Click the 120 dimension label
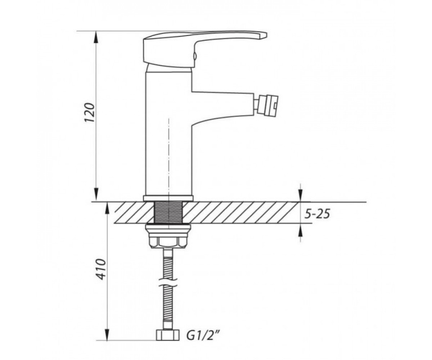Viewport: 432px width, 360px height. point(90,112)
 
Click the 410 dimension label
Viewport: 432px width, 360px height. point(102,269)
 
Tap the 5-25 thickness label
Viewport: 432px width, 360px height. point(317,214)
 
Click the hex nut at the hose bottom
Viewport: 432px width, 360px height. point(167,335)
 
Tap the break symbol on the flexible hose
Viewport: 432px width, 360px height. point(168,282)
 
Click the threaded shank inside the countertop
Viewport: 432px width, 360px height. point(168,212)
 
